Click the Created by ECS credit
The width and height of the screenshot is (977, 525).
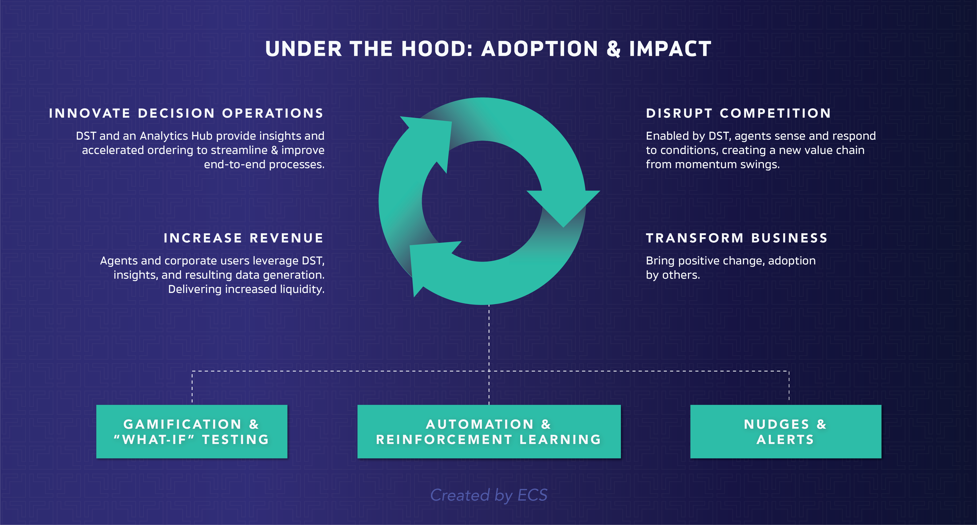[489, 495]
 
